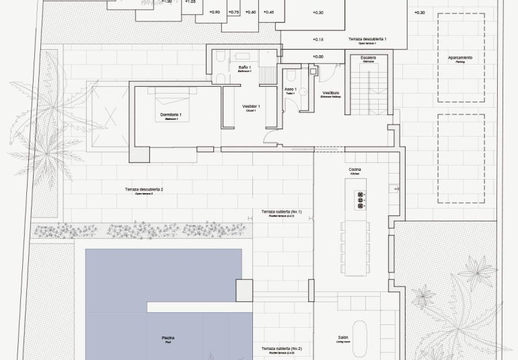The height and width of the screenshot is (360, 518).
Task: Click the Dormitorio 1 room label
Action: click(172, 116)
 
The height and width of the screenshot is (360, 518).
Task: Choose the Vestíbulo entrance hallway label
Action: click(330, 94)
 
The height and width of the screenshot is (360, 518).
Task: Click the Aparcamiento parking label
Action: click(460, 59)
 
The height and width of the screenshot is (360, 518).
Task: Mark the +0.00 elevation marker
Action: click(318, 57)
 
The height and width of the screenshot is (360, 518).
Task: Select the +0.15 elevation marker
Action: click(318, 40)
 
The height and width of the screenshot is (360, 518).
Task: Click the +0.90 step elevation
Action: click(215, 13)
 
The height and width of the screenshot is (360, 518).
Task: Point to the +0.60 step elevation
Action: click(250, 13)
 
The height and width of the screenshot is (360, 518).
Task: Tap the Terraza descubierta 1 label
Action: click(367, 40)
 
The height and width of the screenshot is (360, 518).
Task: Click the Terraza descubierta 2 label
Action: click(144, 190)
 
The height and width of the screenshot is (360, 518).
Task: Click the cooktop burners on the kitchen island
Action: click(360, 200)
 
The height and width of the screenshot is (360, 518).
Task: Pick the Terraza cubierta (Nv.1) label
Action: click(282, 213)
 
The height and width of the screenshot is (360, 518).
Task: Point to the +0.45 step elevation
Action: click(268, 13)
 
